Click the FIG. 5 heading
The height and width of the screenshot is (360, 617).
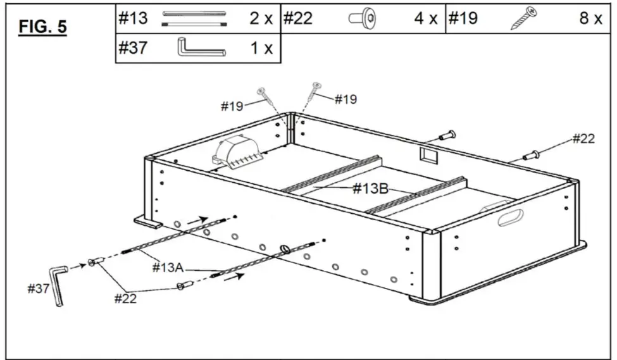tap(43, 28)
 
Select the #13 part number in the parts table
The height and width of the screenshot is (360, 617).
tap(133, 18)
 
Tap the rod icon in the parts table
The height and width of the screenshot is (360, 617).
tap(194, 18)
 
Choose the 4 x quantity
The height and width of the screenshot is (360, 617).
tap(426, 18)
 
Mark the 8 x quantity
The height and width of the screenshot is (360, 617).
tap(590, 18)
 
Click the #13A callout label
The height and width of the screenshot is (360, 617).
tap(168, 268)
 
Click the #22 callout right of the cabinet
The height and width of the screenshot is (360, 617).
tap(583, 139)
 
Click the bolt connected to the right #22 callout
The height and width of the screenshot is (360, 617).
tap(531, 154)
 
